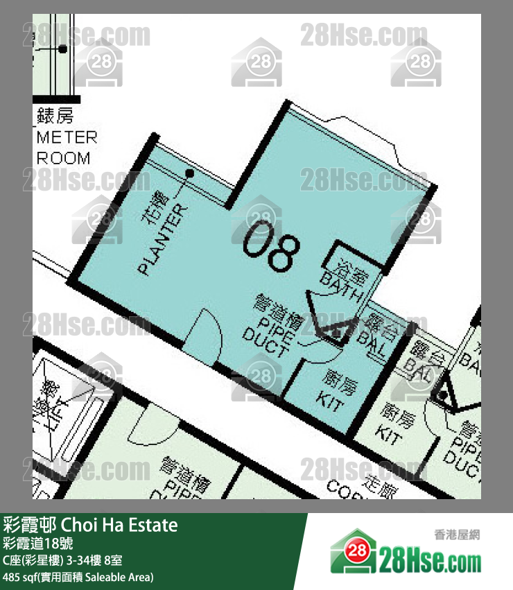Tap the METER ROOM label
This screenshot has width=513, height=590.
coord(67,148)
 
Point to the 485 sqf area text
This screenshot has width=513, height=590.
coord(78,577)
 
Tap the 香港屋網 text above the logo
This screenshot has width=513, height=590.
coord(457,535)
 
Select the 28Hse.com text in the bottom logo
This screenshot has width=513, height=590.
coord(430,557)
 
